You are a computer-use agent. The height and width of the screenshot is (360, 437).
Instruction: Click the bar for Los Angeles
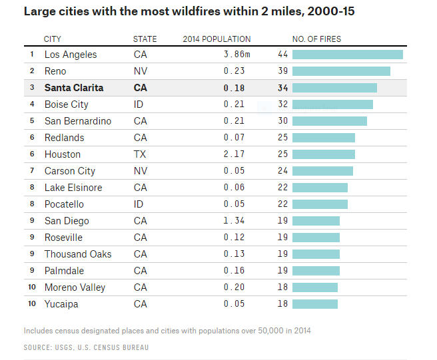pyautogui.click(x=347, y=55)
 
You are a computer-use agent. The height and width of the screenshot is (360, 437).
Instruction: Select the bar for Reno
pyautogui.click(x=341, y=71)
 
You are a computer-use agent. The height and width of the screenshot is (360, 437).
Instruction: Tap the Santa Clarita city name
pyautogui.click(x=74, y=88)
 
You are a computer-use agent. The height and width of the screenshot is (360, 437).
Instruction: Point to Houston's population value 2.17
pyautogui.click(x=234, y=154)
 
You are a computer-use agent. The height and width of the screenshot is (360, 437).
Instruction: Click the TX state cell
pyautogui.click(x=140, y=154)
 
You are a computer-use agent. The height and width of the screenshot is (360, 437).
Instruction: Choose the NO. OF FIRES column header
pyautogui.click(x=316, y=39)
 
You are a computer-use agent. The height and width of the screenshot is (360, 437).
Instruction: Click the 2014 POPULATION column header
pyautogui.click(x=217, y=39)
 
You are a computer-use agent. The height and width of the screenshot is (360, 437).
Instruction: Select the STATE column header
pyautogui.click(x=145, y=39)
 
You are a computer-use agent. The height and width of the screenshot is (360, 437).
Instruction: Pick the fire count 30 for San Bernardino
pyautogui.click(x=282, y=121)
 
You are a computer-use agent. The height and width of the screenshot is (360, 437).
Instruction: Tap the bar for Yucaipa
pyautogui.click(x=314, y=304)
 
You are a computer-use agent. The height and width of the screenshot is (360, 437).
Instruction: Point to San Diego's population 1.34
pyautogui.click(x=234, y=221)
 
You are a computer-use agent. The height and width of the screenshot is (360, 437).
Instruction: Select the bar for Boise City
pyautogui.click(x=332, y=104)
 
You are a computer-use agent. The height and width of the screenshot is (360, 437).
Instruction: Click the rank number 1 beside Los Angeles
pyautogui.click(x=31, y=55)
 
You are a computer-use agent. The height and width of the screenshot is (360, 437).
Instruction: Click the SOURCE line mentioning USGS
pyautogui.click(x=86, y=347)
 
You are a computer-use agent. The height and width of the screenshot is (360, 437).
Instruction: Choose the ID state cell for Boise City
pyautogui.click(x=139, y=104)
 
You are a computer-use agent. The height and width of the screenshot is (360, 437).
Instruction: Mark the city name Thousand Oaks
pyautogui.click(x=78, y=254)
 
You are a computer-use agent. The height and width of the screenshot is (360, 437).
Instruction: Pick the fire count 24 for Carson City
pyautogui.click(x=282, y=171)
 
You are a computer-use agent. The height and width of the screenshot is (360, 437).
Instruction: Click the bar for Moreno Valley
pyautogui.click(x=314, y=287)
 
